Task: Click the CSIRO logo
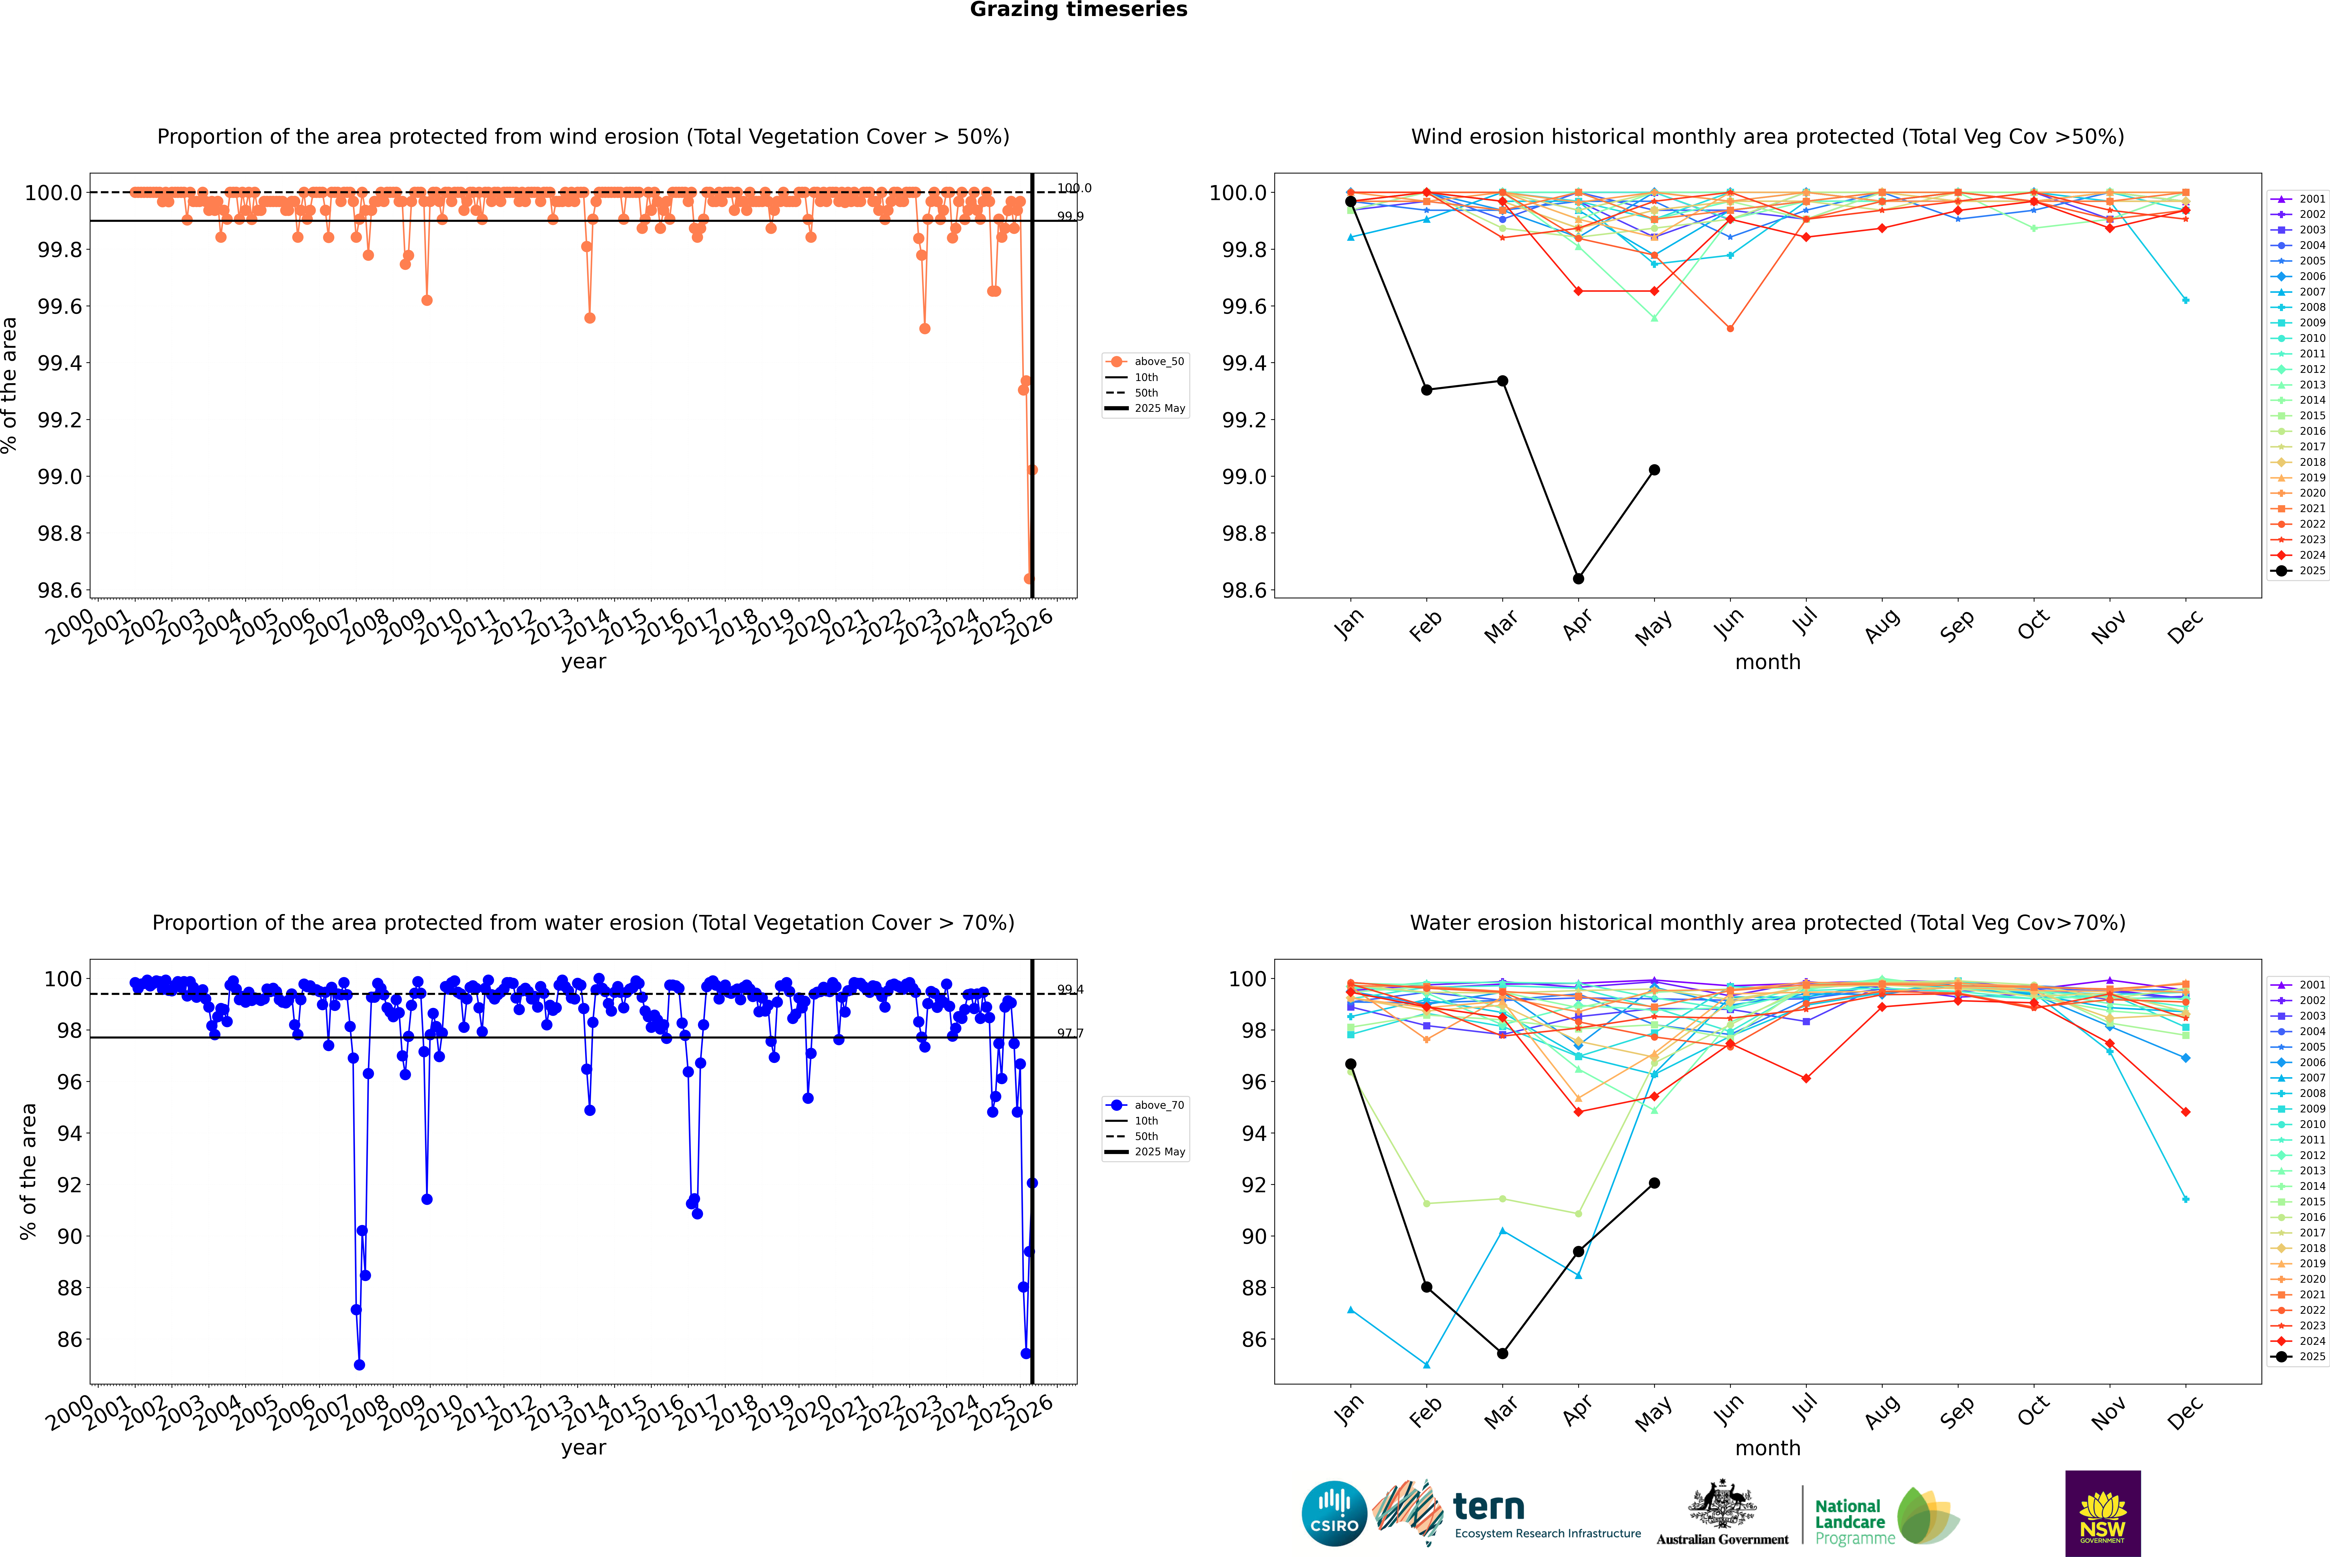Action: click(1334, 1513)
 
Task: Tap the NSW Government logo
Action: click(2102, 1513)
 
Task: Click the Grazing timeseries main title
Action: click(1079, 10)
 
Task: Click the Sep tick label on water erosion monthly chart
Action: click(1957, 1411)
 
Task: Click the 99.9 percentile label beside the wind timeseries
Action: click(1070, 216)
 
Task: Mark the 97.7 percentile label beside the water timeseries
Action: click(1070, 1034)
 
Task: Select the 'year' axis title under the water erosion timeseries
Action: click(583, 1448)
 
